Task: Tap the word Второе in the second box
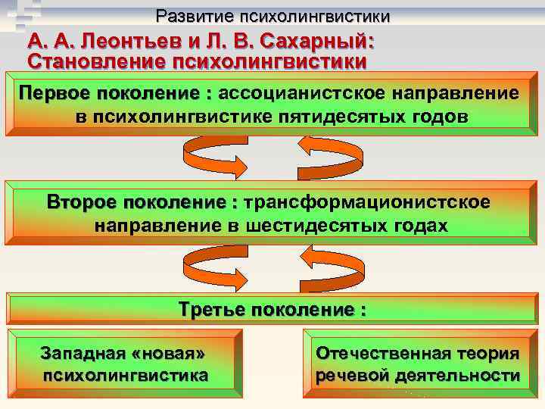coord(82,203)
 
